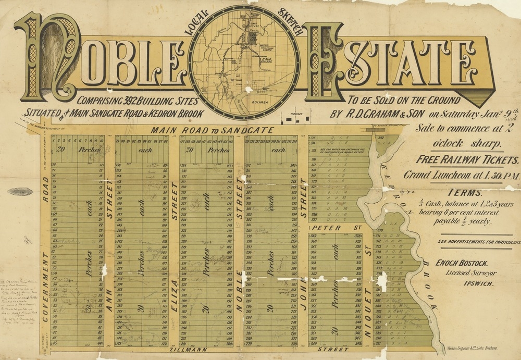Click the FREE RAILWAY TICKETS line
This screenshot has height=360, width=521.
click(x=467, y=160)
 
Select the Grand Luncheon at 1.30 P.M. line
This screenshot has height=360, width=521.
click(x=462, y=176)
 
